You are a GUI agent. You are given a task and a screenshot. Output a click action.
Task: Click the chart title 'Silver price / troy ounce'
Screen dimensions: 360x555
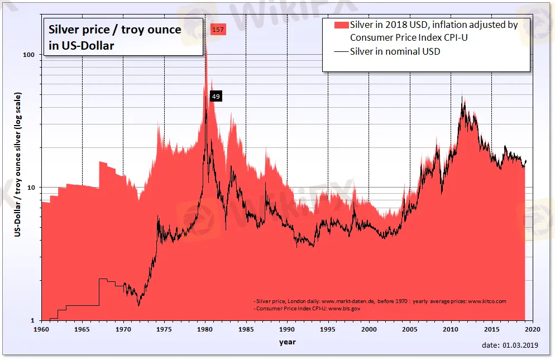tap(115, 30)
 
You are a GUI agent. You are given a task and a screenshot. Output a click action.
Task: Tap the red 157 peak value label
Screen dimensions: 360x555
tap(218, 30)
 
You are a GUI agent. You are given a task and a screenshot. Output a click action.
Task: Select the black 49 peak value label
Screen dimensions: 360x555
tap(216, 97)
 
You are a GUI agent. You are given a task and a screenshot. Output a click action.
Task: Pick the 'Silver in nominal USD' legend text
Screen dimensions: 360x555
tap(395, 52)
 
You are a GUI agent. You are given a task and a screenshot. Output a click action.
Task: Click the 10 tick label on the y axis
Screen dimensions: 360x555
tap(32, 188)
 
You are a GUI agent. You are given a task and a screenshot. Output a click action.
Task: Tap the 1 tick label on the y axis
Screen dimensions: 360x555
tap(34, 320)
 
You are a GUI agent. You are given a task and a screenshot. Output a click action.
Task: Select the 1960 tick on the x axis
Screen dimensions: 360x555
tap(41, 330)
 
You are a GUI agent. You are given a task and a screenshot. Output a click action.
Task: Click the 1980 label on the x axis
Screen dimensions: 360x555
tap(205, 330)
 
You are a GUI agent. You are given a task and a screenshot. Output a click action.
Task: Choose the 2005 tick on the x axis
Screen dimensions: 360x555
tap(410, 330)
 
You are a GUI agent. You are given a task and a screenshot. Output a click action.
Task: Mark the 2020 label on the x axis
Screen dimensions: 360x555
tap(532, 330)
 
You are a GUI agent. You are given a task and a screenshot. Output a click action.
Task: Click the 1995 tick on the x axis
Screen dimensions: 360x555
tap(328, 330)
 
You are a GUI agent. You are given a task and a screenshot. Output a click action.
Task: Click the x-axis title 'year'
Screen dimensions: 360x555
tap(288, 342)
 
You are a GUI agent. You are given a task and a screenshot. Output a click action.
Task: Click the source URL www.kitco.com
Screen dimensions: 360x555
tap(487, 301)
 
